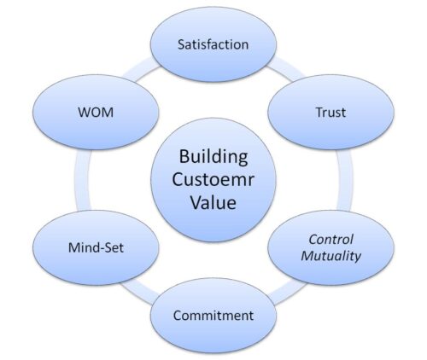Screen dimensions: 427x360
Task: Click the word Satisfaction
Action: coord(213,44)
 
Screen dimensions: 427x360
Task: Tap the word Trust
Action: coord(330,113)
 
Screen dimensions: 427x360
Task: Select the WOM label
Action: coord(96,113)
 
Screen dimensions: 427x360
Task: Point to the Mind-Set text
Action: coord(96,247)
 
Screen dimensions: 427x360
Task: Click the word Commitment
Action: coord(213,316)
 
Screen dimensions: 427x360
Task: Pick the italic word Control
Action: coord(330,240)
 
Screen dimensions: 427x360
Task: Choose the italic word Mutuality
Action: coord(331,256)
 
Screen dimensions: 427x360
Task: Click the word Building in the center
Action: coord(213,157)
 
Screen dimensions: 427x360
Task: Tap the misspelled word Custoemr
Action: coord(213,180)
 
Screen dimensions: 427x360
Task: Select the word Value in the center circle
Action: coord(213,202)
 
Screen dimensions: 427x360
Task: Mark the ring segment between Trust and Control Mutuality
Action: coord(344,180)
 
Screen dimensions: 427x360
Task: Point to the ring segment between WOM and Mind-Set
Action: coord(83,180)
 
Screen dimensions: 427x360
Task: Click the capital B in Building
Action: coord(184,156)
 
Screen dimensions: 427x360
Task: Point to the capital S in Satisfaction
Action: coord(182,44)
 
